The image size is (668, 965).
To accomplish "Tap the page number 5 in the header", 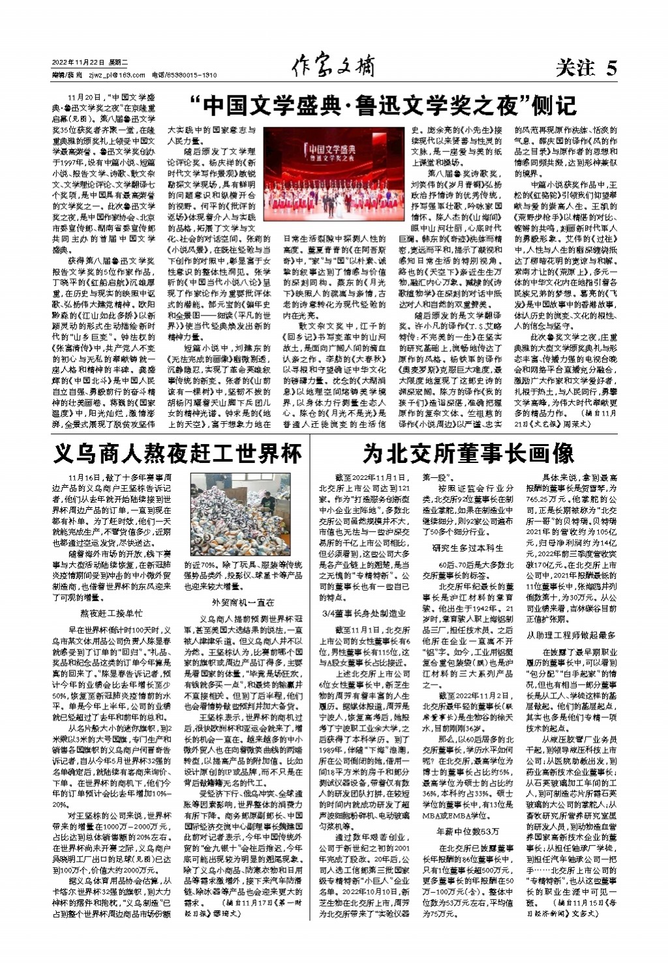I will pyautogui.click(x=611, y=68).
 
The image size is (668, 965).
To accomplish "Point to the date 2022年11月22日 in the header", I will pyautogui.click(x=78, y=62).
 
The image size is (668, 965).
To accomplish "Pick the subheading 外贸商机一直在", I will pyautogui.click(x=243, y=602).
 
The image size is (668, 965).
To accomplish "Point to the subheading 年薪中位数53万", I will pyautogui.click(x=468, y=831).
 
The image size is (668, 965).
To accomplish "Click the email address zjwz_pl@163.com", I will pyautogui.click(x=112, y=75).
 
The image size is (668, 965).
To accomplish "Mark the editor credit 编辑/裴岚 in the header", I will pyautogui.click(x=63, y=75).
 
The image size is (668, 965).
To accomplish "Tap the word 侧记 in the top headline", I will pyautogui.click(x=554, y=106).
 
